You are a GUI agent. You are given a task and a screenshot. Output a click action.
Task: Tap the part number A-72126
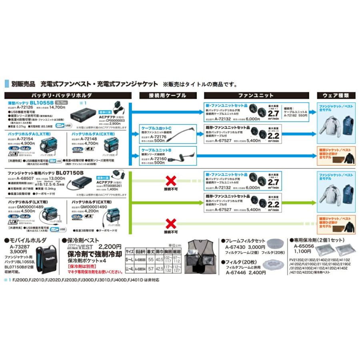22,107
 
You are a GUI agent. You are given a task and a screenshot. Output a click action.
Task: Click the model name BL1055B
41,102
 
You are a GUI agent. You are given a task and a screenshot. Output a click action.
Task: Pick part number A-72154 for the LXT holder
22,138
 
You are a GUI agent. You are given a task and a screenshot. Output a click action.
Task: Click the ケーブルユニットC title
156,127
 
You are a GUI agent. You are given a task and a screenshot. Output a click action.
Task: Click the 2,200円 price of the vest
110,246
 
